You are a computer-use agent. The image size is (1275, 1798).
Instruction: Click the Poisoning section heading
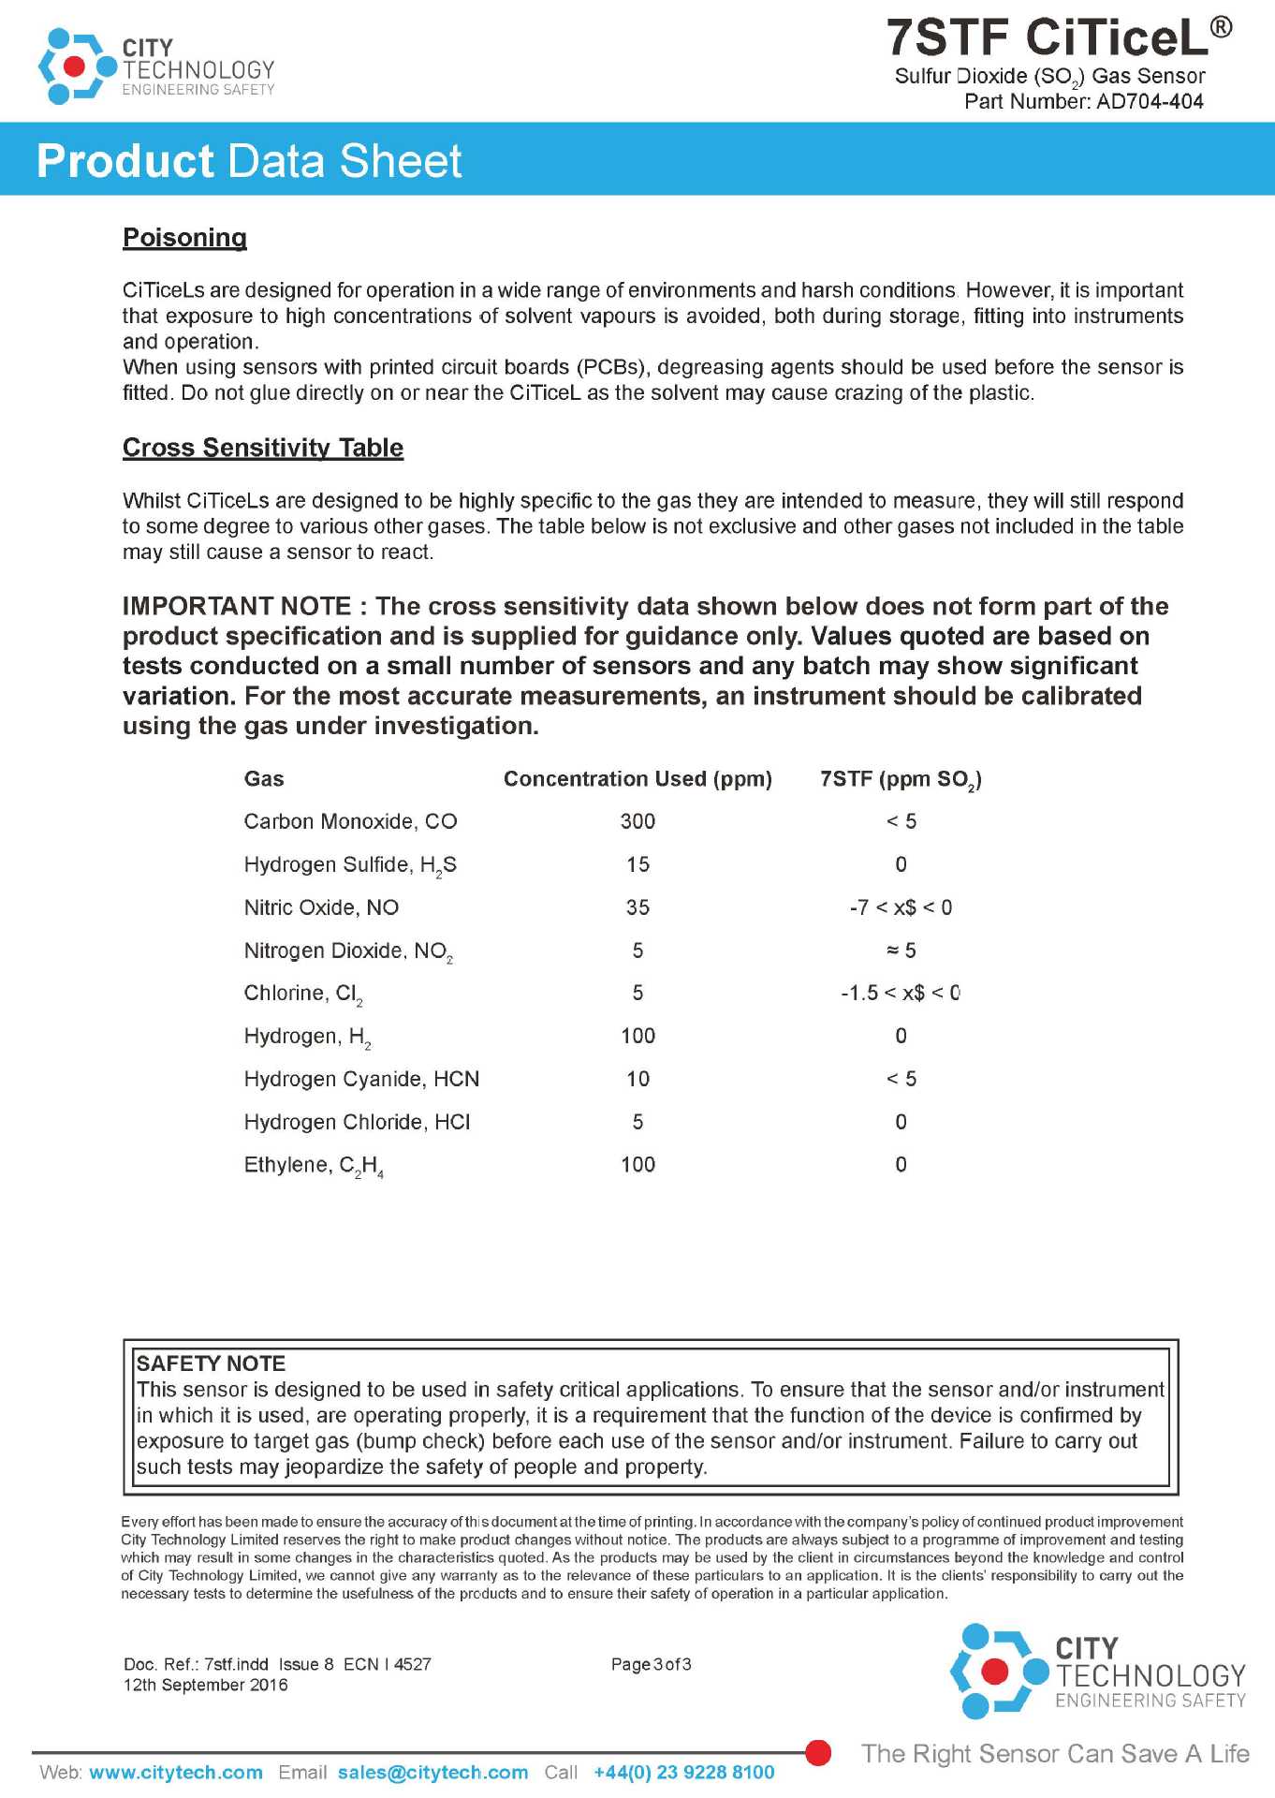pyautogui.click(x=184, y=238)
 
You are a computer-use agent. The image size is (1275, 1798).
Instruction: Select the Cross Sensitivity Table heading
pyautogui.click(x=263, y=448)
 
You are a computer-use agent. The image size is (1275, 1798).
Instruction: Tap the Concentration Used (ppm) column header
pyautogui.click(x=637, y=779)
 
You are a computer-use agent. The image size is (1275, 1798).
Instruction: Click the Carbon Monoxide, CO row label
pyautogui.click(x=350, y=821)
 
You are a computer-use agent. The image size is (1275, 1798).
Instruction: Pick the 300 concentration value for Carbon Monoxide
pyautogui.click(x=637, y=821)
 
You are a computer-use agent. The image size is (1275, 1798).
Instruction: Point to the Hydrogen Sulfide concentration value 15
pyautogui.click(x=637, y=864)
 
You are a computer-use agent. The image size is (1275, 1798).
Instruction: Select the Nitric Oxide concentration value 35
pyautogui.click(x=637, y=907)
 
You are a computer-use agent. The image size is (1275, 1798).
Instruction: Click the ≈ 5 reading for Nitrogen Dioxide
pyautogui.click(x=901, y=951)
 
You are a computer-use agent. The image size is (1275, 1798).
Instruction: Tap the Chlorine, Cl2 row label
pyautogui.click(x=302, y=994)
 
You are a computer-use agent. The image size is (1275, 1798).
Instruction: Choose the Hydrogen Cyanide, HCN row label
pyautogui.click(x=361, y=1079)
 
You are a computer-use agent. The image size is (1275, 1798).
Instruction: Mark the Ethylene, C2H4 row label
pyautogui.click(x=313, y=1165)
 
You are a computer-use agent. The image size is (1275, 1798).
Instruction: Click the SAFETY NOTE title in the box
pyautogui.click(x=211, y=1363)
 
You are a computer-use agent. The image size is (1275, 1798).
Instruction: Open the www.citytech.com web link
pyautogui.click(x=176, y=1773)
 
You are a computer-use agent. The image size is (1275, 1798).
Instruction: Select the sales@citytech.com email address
pyautogui.click(x=432, y=1773)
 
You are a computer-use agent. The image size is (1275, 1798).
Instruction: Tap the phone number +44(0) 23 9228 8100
pyautogui.click(x=683, y=1773)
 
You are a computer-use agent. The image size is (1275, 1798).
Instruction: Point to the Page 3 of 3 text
pyautogui.click(x=651, y=1664)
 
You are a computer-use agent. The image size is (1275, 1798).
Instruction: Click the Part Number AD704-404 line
pyautogui.click(x=1083, y=101)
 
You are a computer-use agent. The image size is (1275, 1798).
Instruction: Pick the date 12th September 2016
pyautogui.click(x=206, y=1685)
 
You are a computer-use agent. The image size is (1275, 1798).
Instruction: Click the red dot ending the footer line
pyautogui.click(x=818, y=1753)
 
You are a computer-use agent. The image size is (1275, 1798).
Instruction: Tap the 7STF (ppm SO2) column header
pyautogui.click(x=901, y=779)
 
